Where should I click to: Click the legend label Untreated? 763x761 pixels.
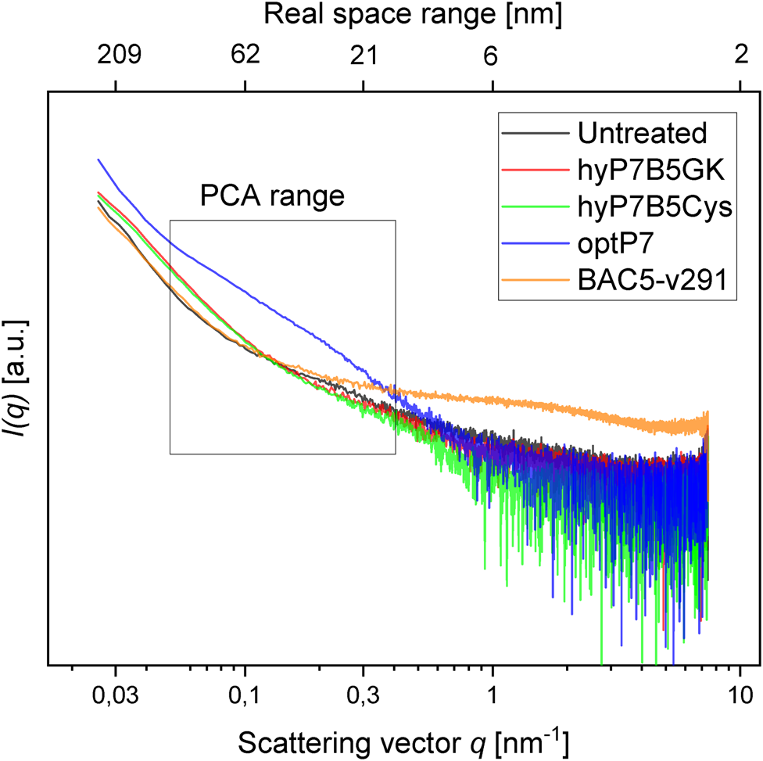coord(642,133)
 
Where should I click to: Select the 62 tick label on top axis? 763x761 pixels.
coord(245,56)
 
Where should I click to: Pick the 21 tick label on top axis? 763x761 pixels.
coord(364,56)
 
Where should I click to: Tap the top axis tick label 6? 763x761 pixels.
coord(492,56)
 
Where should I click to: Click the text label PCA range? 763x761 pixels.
coord(272,196)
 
